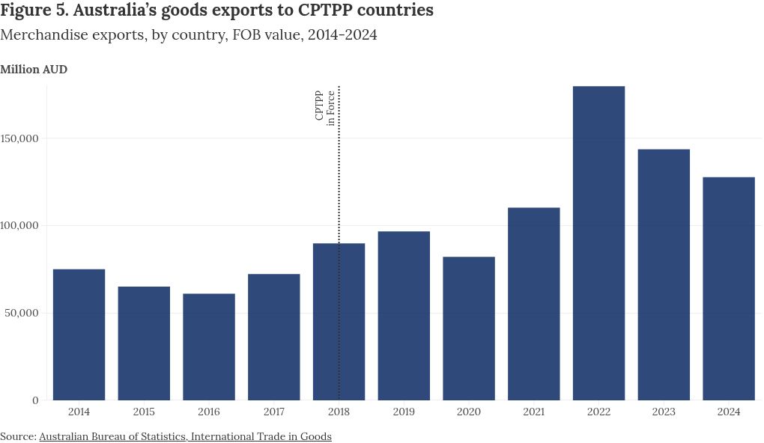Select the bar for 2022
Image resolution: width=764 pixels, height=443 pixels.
pos(598,243)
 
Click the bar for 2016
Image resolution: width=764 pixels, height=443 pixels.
pos(209,346)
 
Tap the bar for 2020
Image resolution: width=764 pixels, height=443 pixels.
pos(469,329)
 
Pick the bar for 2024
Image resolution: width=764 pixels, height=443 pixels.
pos(729,288)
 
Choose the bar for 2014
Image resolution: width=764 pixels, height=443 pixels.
pos(79,334)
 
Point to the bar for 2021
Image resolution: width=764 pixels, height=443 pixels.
pos(534,304)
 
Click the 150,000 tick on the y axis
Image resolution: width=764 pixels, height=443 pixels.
pos(22,138)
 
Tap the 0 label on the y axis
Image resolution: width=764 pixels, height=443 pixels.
pos(35,400)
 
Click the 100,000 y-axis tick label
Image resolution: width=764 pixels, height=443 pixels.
pos(22,226)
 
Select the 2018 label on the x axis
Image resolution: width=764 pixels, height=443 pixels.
pos(339,412)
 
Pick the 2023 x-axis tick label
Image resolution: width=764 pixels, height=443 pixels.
pos(664,412)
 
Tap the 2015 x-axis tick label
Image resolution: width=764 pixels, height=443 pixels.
pos(144,412)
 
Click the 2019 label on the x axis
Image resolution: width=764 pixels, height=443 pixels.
pos(404,412)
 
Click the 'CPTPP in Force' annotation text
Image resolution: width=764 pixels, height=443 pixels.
pos(325,107)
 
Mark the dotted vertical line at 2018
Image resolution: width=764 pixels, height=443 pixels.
pos(339,187)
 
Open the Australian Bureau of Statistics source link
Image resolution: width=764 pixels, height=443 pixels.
pos(185,436)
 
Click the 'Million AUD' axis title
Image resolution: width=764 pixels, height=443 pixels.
pos(34,70)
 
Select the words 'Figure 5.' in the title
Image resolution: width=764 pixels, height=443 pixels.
pos(34,11)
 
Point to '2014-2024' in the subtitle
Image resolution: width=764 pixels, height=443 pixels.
pos(342,35)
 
